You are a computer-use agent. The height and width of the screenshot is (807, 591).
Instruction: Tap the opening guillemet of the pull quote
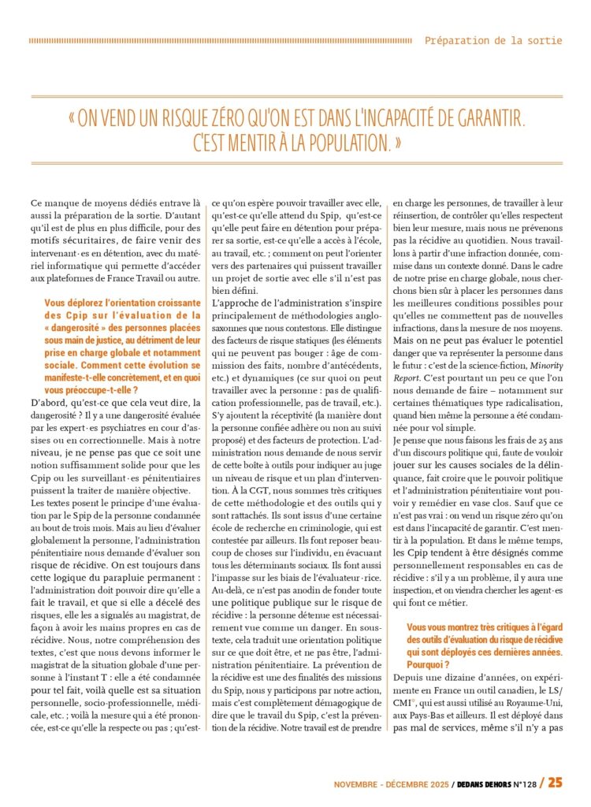coord(72,119)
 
